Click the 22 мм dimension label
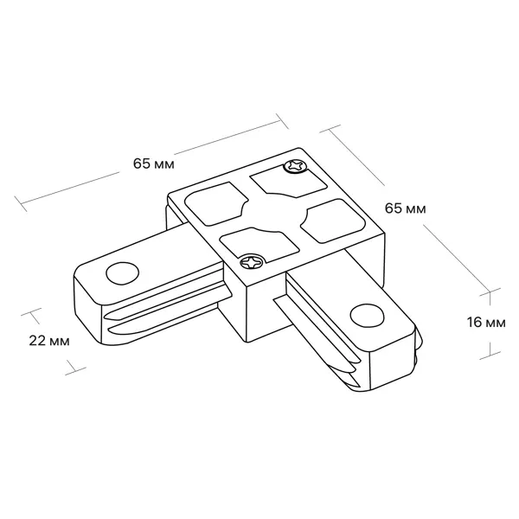point(49,341)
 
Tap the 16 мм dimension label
point(486,323)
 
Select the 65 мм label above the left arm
point(154,163)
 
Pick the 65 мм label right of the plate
point(405,208)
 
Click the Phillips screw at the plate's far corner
point(294,166)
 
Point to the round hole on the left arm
point(123,273)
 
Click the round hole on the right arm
point(368,315)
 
